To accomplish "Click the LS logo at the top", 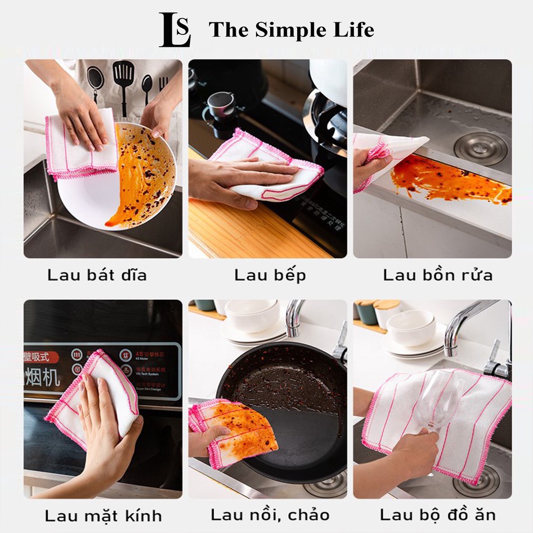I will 175,30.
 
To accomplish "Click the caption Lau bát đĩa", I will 97,275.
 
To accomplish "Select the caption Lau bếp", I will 270,275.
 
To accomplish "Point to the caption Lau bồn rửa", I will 438,275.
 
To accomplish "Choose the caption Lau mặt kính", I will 103,516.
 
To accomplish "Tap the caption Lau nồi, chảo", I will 270,515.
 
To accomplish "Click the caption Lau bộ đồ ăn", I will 437,515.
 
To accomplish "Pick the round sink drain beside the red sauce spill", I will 480,148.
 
